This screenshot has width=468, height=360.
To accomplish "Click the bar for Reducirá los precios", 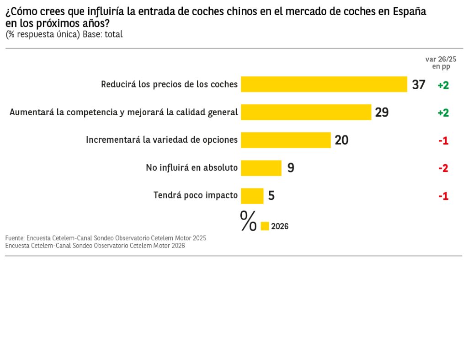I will click(324, 85).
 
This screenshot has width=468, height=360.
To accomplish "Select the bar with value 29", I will click(306, 113).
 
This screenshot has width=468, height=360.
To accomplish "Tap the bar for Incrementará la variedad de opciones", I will click(286, 140).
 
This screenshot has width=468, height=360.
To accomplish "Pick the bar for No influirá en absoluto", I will click(261, 168).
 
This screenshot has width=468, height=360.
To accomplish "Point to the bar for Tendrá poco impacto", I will click(252, 196).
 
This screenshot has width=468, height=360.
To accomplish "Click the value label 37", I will click(418, 85).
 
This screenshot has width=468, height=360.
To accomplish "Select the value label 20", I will click(341, 140).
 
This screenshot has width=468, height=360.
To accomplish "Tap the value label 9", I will click(291, 168).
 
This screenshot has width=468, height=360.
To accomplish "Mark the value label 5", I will click(271, 196).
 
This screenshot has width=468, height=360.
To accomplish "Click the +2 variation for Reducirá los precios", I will click(443, 85).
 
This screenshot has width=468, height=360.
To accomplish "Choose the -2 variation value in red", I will click(443, 168).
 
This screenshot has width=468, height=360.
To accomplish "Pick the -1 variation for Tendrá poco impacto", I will click(443, 196).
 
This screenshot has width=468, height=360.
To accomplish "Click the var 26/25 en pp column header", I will click(441, 63).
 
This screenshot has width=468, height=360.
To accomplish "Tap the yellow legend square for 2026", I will click(265, 226).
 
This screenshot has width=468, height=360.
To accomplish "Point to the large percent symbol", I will click(248, 221).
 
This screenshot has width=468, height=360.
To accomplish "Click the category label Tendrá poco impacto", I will click(195, 195).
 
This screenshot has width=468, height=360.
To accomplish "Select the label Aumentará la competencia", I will click(123, 113).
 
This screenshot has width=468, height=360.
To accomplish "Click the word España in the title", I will click(409, 12).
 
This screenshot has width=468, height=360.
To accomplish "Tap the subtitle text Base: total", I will click(102, 34).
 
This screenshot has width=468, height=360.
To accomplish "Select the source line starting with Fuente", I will click(106, 238).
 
